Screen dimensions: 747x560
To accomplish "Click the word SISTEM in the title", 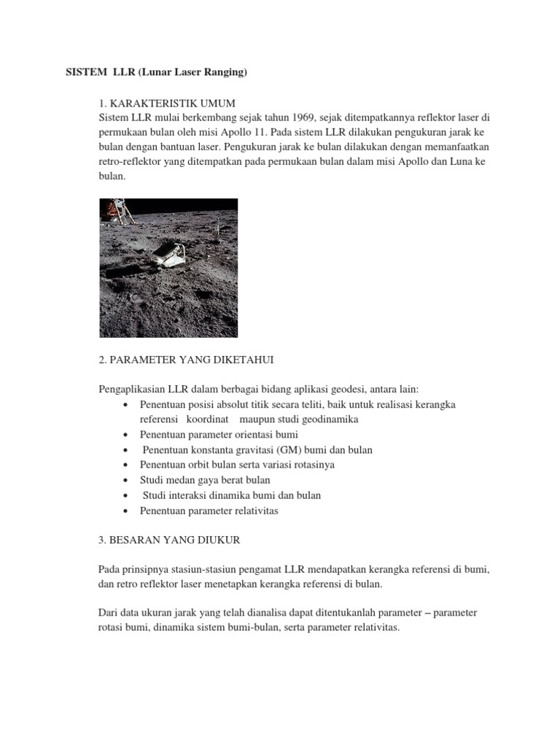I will coord(82,73).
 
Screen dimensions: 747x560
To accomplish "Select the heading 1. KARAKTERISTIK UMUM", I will coord(168,101).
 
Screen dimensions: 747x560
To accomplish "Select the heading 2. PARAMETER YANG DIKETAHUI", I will coord(186,360).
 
